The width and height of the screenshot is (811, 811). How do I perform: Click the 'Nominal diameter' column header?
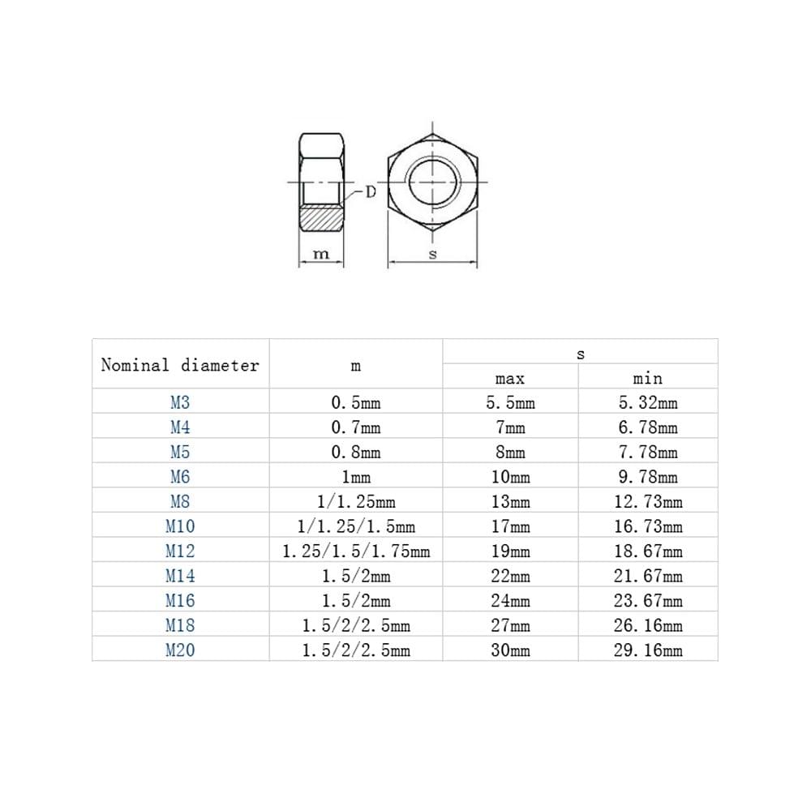point(180,365)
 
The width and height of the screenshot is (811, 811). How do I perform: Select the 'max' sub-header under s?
point(510,378)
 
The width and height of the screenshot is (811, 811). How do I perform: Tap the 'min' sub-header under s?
point(647,378)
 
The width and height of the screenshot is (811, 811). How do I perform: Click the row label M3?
point(180,402)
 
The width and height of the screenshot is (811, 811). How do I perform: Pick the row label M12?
point(180,551)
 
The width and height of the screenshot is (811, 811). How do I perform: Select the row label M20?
point(180,650)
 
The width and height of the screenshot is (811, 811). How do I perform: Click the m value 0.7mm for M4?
point(355,427)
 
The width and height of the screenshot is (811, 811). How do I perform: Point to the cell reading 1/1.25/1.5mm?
point(355,526)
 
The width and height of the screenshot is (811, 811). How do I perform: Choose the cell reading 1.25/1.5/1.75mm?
point(355,551)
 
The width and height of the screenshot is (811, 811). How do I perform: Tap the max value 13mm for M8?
point(510,502)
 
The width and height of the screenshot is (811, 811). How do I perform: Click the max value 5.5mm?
point(510,402)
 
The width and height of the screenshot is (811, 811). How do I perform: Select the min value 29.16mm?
point(647,650)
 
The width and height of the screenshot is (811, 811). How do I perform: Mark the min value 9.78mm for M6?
point(647,477)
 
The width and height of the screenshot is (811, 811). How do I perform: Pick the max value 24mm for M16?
point(510,601)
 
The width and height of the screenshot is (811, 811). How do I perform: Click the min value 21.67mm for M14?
point(647,576)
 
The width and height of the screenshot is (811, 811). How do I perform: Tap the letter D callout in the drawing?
point(370,192)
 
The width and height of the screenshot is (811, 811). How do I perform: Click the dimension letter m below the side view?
point(322,254)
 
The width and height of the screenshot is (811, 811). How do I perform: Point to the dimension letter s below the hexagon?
point(432,254)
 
